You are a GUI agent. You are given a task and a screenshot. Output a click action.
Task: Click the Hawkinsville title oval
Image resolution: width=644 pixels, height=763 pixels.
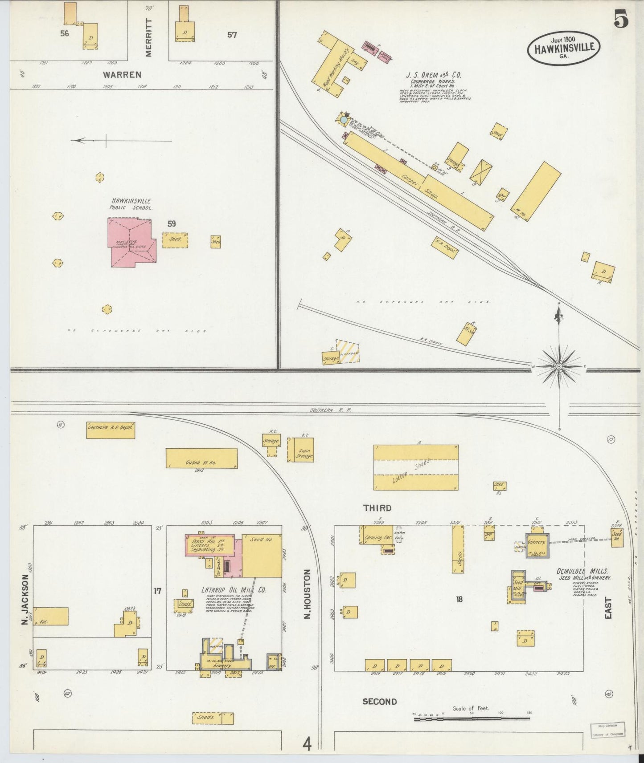point(563,48)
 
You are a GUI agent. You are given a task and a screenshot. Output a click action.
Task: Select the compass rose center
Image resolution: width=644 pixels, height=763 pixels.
point(559,366)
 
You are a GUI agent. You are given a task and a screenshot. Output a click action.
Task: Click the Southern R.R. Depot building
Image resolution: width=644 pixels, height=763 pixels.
point(111,430)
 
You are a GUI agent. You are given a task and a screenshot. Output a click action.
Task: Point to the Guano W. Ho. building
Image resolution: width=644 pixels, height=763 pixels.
point(201,458)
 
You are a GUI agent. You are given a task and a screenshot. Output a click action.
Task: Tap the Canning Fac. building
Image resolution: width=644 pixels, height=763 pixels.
point(376,535)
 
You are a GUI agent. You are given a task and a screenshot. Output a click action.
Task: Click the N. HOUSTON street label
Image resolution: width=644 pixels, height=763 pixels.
point(307,594)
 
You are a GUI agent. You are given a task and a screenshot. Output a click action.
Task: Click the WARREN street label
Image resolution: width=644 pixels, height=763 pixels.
point(123,75)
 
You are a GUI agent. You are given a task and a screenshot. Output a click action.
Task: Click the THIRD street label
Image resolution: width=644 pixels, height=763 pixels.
point(377,508)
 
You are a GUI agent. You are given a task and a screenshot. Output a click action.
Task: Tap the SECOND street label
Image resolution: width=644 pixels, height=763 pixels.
point(379,702)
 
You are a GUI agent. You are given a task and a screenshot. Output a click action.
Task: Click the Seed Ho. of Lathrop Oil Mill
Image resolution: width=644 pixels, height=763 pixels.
point(262,556)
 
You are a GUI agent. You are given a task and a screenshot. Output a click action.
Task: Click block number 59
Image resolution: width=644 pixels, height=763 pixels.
point(172,224)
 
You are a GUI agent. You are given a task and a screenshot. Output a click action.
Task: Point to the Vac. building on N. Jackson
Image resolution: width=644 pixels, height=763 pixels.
point(51,617)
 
